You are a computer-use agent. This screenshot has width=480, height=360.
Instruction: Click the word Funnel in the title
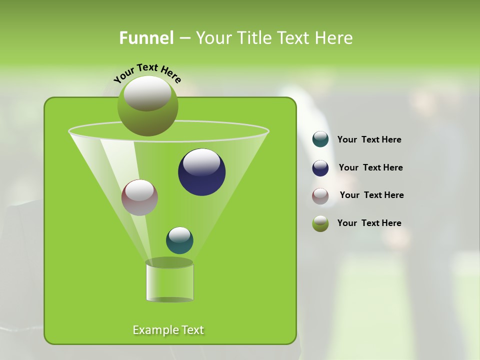(146, 38)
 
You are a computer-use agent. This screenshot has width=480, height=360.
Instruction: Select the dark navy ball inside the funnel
(201, 172)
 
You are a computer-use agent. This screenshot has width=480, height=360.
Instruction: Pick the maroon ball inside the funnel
(139, 198)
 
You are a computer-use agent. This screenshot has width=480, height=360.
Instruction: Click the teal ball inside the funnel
(179, 240)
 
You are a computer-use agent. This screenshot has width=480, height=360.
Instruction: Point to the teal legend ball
(320, 139)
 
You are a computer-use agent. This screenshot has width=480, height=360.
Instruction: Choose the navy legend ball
(320, 168)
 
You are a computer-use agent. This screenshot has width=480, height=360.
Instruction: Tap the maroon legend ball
(320, 196)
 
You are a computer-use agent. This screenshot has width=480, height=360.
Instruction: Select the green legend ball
(320, 223)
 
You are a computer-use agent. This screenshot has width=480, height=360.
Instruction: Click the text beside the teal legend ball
(369, 139)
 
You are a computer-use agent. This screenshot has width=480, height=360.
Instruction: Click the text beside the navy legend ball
(370, 167)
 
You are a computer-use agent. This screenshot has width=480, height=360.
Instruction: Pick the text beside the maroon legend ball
(371, 195)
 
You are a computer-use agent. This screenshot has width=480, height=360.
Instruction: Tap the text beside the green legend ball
(369, 223)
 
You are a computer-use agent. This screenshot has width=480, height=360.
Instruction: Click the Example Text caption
(168, 330)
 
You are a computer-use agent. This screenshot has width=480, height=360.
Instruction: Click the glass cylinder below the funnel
(169, 282)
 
